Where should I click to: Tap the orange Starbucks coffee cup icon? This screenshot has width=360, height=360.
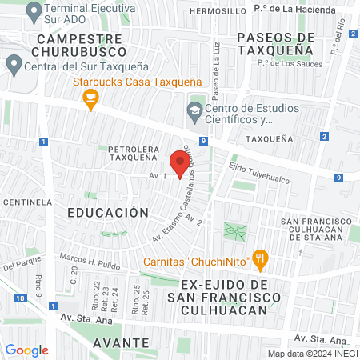click(x=90, y=98)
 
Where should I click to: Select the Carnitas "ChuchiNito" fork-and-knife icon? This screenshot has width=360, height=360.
click(x=259, y=258)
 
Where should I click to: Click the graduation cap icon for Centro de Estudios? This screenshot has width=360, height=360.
click(x=194, y=110)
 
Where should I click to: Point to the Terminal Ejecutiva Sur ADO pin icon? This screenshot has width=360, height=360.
click(x=33, y=11)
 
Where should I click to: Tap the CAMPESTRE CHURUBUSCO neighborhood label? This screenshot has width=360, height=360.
click(x=77, y=45)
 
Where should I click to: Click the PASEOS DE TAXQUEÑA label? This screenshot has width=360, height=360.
click(x=276, y=43)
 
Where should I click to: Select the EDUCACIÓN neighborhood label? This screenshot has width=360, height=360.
click(x=108, y=213)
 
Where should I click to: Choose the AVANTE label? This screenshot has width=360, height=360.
click(x=121, y=342)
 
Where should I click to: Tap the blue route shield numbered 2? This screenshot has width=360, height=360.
click(x=324, y=136)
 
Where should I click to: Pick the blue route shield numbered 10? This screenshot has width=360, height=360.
click(x=18, y=298)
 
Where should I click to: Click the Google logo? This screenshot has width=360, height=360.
click(x=27, y=350)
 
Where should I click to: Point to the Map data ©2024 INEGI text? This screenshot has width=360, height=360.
click(x=311, y=354)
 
